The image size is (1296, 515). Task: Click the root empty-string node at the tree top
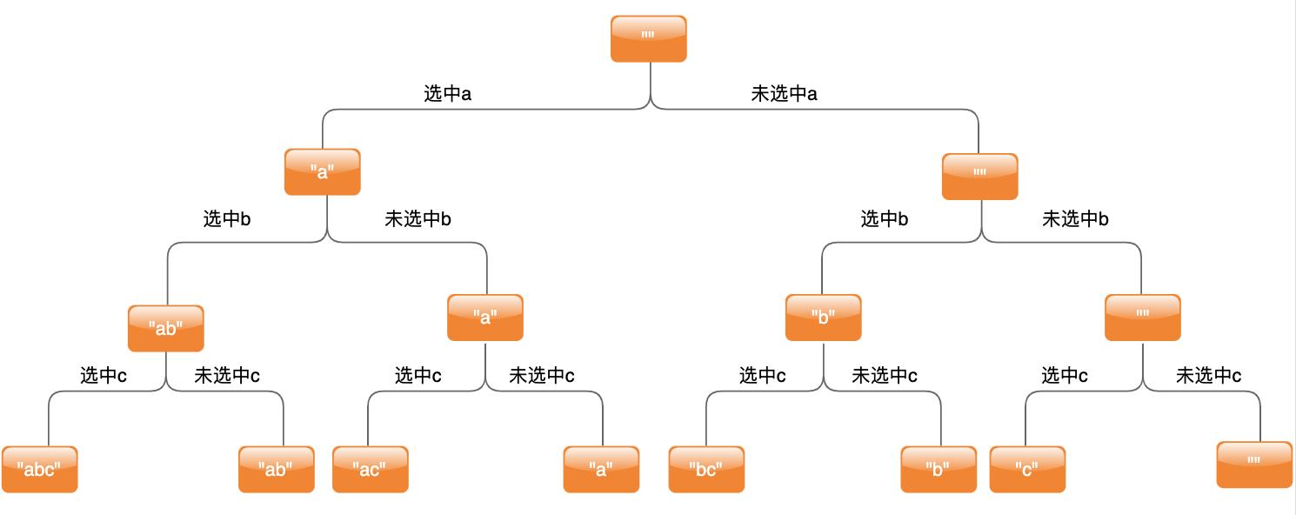648,38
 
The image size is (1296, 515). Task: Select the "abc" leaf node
39,469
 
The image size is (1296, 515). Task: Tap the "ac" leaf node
370,469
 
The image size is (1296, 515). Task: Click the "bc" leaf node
706,469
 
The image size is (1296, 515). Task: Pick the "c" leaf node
1026,469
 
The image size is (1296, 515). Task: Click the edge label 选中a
447,94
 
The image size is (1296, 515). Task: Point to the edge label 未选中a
784,94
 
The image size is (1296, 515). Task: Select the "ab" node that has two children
165,328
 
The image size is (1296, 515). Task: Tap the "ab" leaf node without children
277,469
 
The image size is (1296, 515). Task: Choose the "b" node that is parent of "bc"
823,318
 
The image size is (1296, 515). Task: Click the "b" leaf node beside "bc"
939,469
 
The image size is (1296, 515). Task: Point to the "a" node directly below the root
322,171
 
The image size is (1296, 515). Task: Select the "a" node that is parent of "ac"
485,318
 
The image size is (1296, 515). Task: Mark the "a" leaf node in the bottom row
601,469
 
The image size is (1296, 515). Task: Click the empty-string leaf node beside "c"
1254,465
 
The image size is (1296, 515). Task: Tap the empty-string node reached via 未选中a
979,177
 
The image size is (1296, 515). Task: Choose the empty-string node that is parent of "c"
1143,318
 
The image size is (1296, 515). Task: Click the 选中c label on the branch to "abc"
104,376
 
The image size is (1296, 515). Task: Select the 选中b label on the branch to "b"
885,219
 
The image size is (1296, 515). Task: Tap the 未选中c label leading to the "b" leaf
884,376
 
